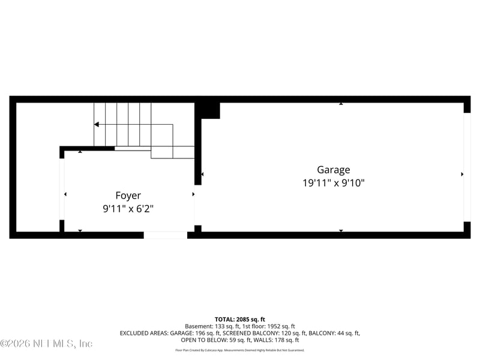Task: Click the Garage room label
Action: pos(334,170)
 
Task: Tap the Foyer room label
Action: pos(128,196)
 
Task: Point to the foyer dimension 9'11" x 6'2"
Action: pos(128,209)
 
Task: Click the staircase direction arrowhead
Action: pos(96,125)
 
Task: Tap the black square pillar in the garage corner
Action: pos(208,110)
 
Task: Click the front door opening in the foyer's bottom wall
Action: pos(165,235)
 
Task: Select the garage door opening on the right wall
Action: pos(467,167)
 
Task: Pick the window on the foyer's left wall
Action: pos(62,189)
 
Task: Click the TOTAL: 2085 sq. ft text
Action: pos(240,319)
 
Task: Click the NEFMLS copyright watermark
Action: pos(46,344)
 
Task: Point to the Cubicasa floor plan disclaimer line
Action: pos(240,350)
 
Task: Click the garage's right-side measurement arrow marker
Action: pos(462,174)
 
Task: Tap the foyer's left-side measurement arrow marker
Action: pos(65,194)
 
